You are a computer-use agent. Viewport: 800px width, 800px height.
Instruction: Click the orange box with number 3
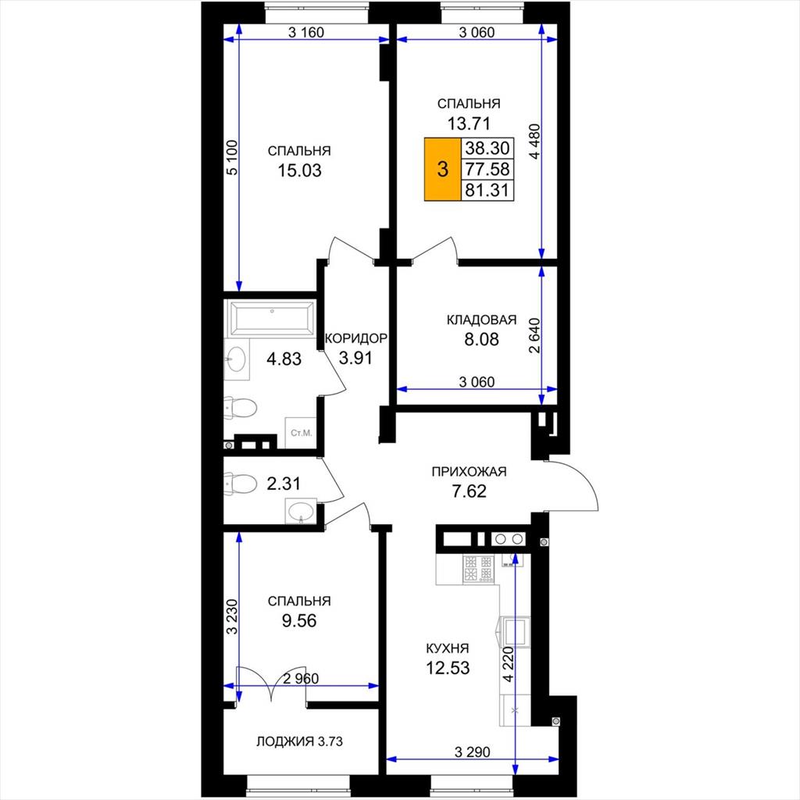(x=443, y=169)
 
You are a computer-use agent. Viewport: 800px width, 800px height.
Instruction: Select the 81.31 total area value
(x=487, y=191)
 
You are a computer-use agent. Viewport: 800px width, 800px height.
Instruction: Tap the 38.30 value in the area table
(x=487, y=148)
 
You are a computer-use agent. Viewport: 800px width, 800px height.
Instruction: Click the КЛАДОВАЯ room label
(x=481, y=320)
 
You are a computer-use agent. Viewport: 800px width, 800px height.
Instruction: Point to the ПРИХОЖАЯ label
(x=469, y=471)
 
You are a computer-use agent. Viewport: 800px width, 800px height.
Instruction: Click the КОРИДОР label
(x=356, y=338)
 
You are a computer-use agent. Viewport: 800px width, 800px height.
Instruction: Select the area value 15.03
(x=299, y=170)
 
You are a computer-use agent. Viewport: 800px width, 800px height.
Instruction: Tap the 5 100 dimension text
(x=231, y=158)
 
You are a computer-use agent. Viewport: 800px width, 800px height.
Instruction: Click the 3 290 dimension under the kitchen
(x=473, y=752)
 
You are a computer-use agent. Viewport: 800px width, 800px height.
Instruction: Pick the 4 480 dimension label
(x=534, y=141)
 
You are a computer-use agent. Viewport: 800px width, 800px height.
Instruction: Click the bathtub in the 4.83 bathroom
(x=272, y=319)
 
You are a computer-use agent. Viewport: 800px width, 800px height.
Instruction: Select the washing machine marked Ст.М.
(x=301, y=433)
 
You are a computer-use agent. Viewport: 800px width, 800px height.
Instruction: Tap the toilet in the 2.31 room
(x=241, y=483)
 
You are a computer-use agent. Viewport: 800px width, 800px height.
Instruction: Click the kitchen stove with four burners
(x=479, y=569)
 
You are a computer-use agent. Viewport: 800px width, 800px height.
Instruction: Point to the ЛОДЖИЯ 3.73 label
(x=299, y=741)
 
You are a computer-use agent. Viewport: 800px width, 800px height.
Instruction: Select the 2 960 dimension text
(x=301, y=679)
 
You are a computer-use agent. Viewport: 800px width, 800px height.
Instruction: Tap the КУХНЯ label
(x=448, y=648)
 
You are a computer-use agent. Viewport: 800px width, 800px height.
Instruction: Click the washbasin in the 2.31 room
(x=301, y=511)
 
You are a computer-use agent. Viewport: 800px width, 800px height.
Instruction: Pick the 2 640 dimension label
(x=534, y=336)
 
